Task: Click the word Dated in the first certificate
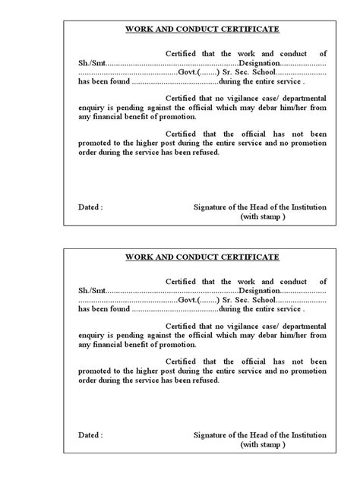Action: [89, 207]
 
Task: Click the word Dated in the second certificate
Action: [89, 434]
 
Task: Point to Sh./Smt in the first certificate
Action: [92, 62]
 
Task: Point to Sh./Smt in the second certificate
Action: [92, 290]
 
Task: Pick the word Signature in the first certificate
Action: [213, 207]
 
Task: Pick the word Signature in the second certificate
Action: [213, 434]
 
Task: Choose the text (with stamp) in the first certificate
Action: [263, 216]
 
